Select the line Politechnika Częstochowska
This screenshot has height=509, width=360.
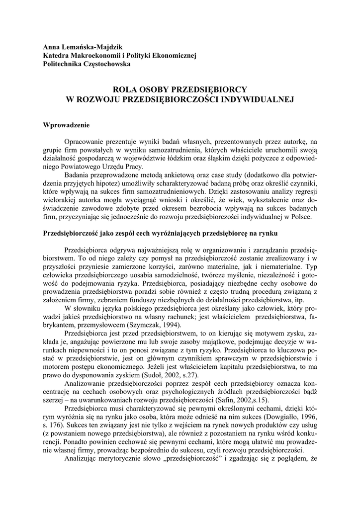[x=87, y=64]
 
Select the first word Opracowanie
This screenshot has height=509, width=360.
[x=86, y=142]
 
